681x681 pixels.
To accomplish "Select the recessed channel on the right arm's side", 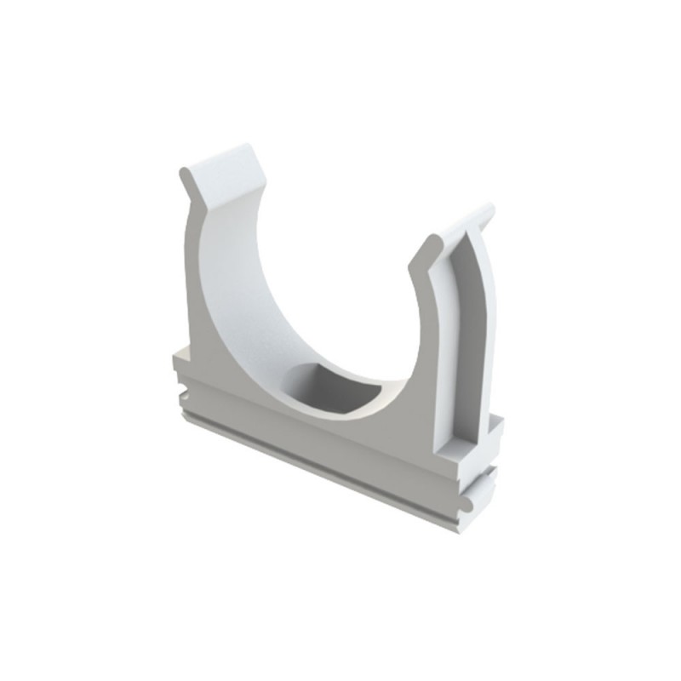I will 467,340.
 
